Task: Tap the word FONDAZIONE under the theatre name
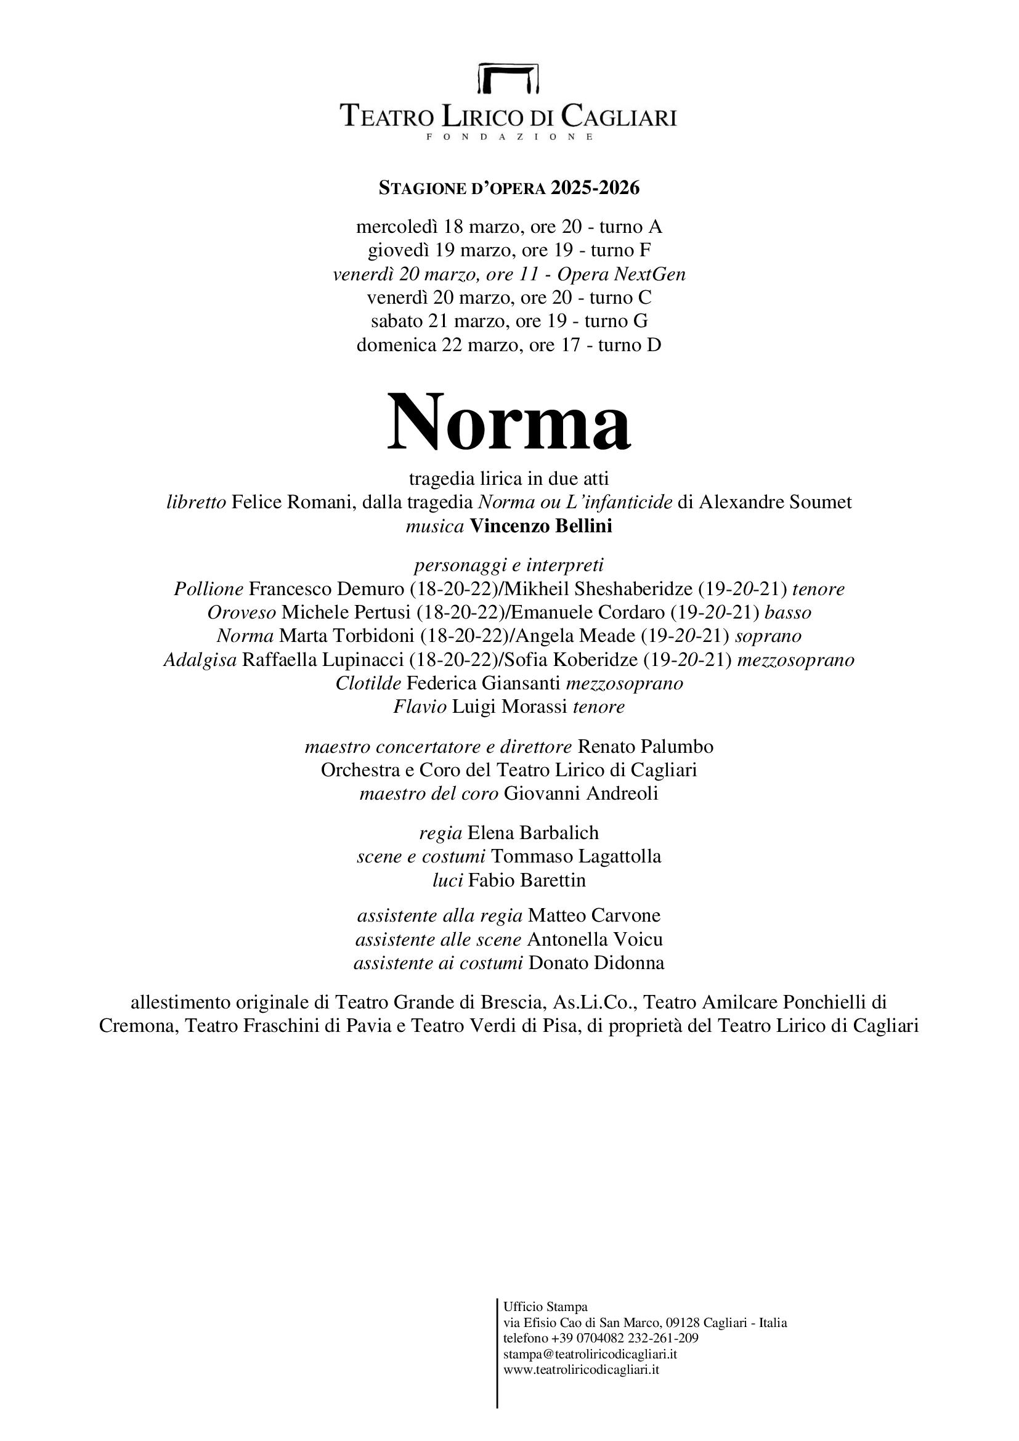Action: coord(509,137)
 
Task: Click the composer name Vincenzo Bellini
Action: coord(541,526)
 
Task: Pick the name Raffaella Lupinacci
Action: coord(325,660)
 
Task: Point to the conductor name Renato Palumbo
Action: coord(645,746)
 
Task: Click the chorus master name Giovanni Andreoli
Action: coord(581,794)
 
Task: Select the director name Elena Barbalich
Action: coord(534,833)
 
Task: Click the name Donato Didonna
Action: coord(596,963)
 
